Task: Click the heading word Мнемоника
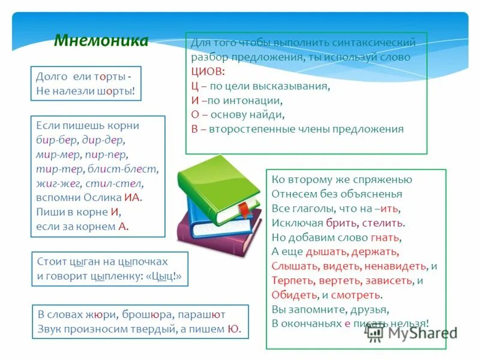click(x=101, y=41)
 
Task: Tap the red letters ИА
click(x=133, y=197)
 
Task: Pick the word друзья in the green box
click(x=370, y=309)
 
